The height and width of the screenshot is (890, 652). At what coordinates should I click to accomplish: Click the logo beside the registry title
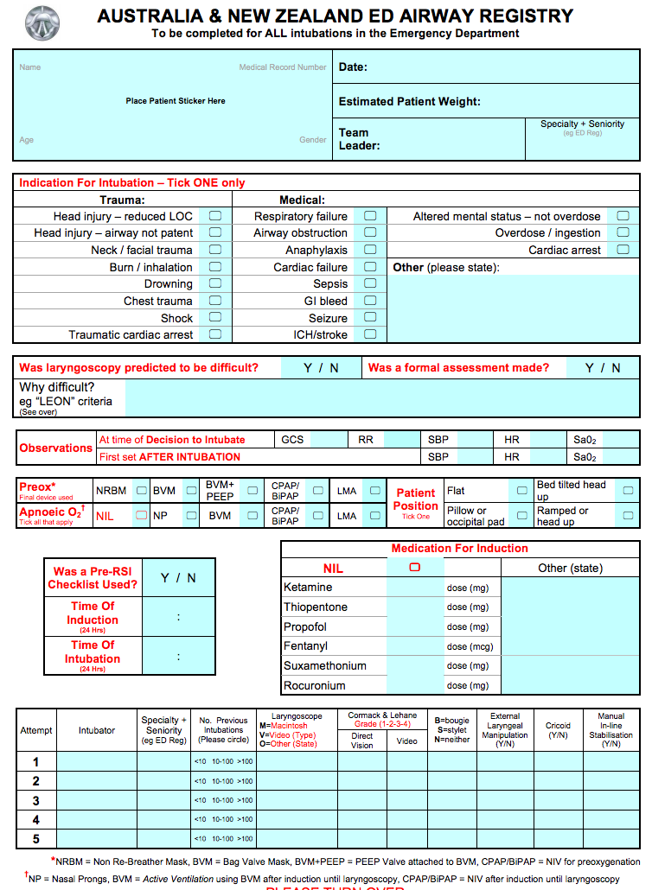click(42, 22)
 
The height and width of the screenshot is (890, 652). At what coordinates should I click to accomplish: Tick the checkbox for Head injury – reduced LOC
click(215, 216)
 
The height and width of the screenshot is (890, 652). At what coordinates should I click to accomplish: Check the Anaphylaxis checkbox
click(370, 250)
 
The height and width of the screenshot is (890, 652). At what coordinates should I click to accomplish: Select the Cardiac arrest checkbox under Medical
click(623, 250)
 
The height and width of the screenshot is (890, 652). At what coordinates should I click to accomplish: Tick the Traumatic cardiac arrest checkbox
click(215, 334)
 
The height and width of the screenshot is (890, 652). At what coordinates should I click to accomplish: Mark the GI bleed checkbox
click(370, 301)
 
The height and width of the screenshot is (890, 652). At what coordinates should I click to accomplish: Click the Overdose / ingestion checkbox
click(623, 232)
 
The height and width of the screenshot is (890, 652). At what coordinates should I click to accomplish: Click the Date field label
click(353, 67)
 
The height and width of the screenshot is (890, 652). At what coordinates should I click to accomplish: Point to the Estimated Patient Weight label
click(409, 101)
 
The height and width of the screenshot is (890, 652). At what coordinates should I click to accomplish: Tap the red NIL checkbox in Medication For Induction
click(414, 567)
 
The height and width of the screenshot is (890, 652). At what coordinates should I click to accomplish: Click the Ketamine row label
click(308, 588)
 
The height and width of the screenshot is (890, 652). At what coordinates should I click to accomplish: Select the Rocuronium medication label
click(315, 686)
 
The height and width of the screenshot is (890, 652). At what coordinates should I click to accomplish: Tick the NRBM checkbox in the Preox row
click(140, 490)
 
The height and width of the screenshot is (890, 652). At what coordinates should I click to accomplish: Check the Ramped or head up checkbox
click(628, 516)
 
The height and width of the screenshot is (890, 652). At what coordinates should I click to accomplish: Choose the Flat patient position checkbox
click(521, 490)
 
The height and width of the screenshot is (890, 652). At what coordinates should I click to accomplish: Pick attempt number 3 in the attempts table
click(36, 800)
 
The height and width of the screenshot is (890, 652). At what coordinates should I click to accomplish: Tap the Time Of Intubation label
click(93, 652)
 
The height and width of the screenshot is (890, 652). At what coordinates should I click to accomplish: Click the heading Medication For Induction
click(459, 549)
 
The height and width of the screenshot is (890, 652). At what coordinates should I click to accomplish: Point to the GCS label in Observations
click(292, 440)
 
